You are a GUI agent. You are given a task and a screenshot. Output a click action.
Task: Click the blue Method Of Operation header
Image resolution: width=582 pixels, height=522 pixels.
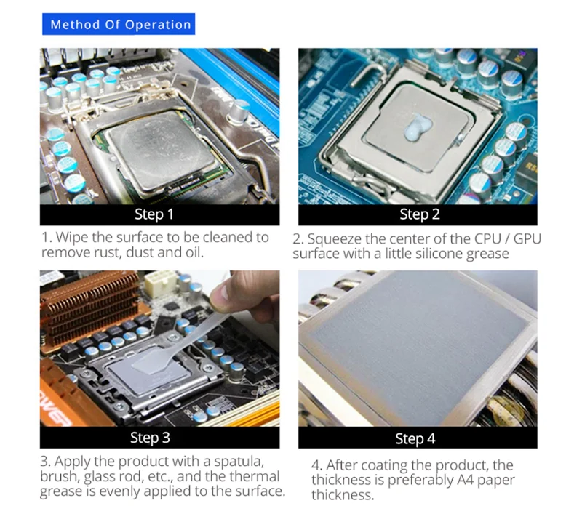[x=121, y=24]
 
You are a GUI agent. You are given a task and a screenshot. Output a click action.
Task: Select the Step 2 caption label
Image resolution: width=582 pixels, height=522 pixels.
[x=419, y=214]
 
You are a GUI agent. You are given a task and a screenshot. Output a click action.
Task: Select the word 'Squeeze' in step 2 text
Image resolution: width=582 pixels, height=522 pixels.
[x=332, y=238]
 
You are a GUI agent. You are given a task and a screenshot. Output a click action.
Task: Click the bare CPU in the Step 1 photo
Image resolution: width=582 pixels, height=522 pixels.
[x=156, y=150]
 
